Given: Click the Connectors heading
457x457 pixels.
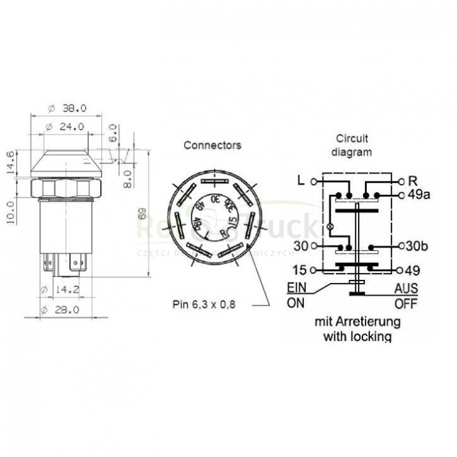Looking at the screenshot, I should (x=212, y=145).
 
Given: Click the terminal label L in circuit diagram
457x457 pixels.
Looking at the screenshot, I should (x=301, y=180).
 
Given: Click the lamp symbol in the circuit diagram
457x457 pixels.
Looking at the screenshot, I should (x=329, y=226).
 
